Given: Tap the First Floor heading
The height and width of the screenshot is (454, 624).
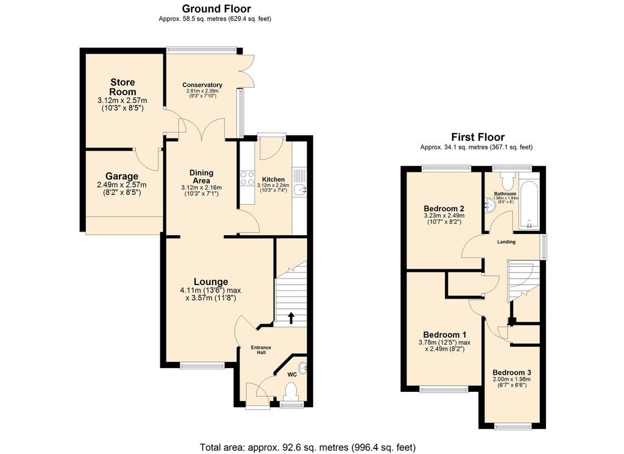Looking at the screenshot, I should [x=477, y=137].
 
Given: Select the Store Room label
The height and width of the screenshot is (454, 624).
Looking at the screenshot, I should [x=122, y=87].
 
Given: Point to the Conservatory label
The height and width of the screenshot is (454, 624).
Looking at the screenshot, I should [x=202, y=85].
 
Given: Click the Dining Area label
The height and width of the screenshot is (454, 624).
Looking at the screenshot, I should [x=201, y=176].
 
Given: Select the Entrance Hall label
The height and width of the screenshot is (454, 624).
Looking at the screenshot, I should [x=261, y=350].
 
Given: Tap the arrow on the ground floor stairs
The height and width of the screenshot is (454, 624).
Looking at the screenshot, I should [x=291, y=317].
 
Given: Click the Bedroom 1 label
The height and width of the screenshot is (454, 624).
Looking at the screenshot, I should [x=445, y=335].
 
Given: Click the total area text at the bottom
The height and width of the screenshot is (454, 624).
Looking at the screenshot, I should [x=311, y=446].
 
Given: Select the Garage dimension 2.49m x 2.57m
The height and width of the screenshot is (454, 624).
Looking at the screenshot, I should [x=122, y=185].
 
